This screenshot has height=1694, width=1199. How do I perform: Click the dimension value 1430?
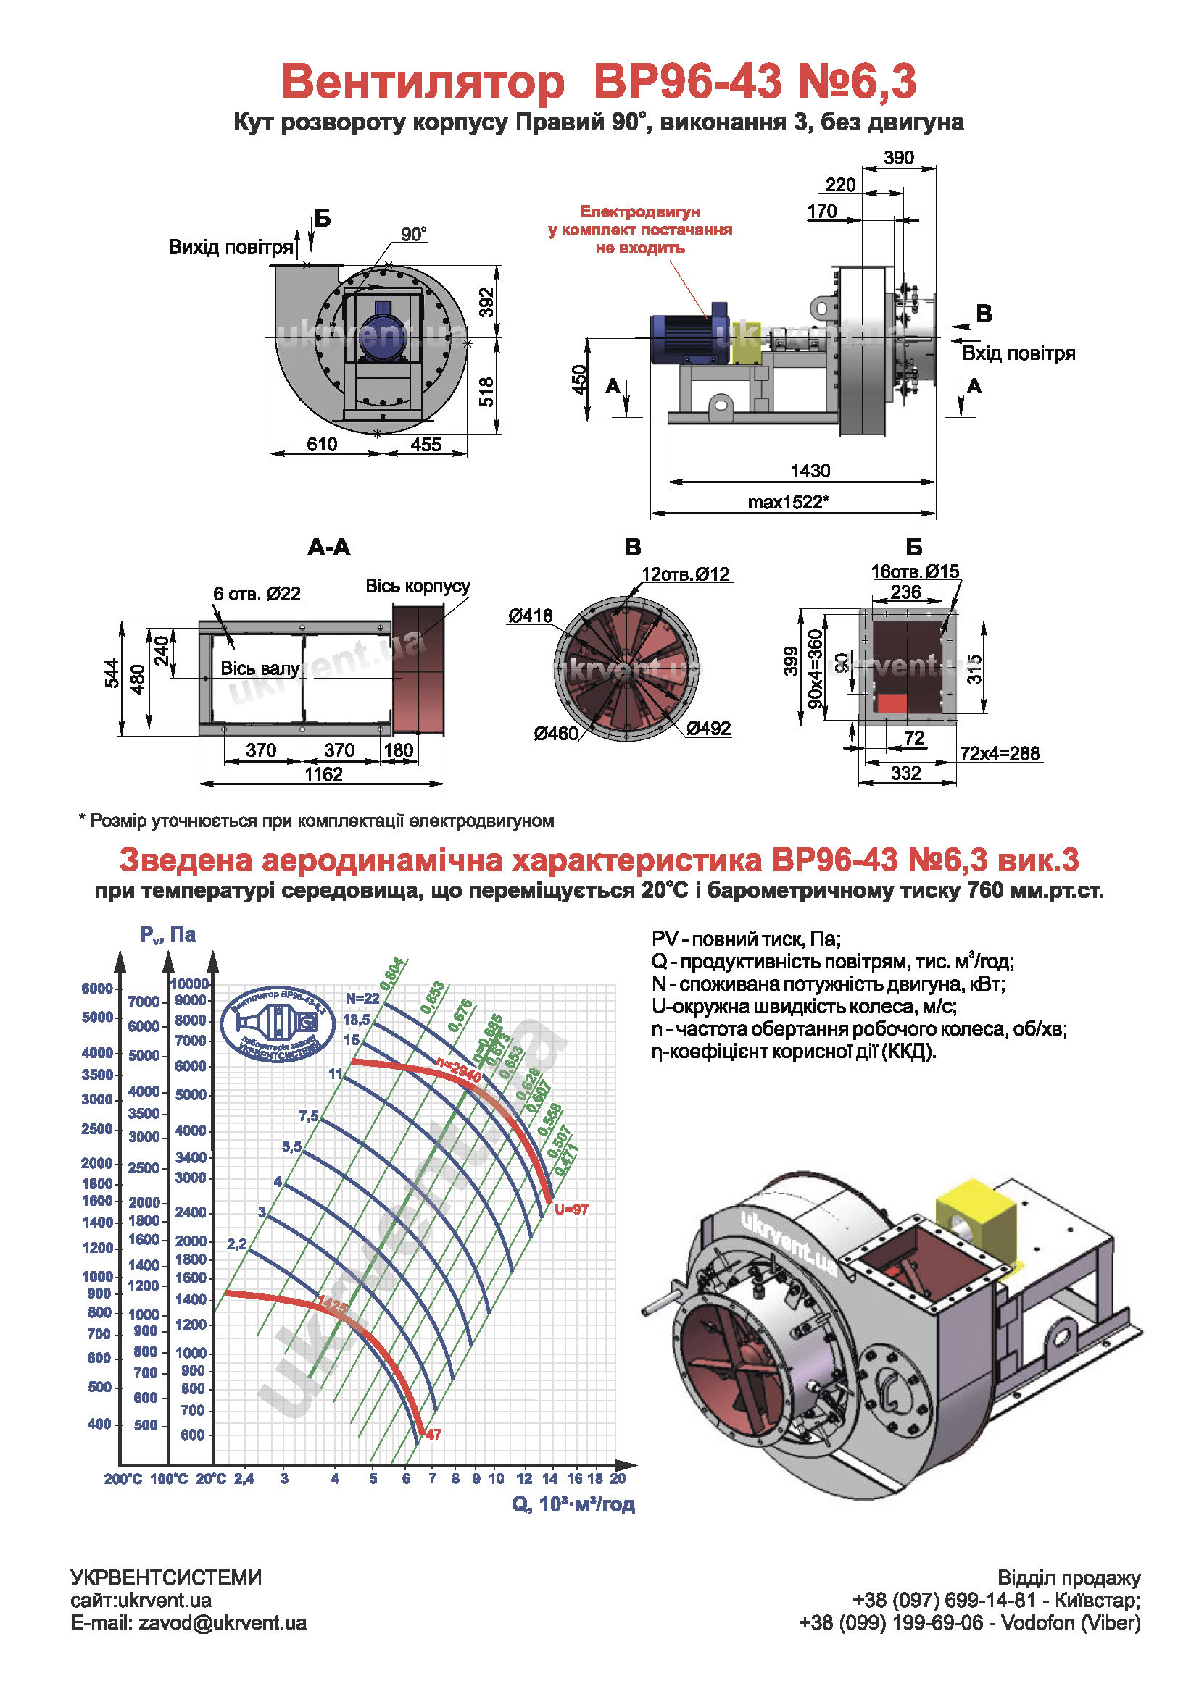pyautogui.click(x=810, y=471)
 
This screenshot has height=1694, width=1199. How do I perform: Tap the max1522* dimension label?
pyautogui.click(x=788, y=503)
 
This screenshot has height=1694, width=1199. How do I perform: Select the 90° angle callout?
pyautogui.click(x=413, y=235)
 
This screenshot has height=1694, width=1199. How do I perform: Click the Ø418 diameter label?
pyautogui.click(x=529, y=616)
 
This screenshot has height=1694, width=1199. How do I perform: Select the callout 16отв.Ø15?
pyautogui.click(x=915, y=571)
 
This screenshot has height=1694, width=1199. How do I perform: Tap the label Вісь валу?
pyautogui.click(x=260, y=668)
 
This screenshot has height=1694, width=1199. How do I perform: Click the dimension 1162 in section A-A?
pyautogui.click(x=323, y=774)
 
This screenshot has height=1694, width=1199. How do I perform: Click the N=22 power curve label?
pyautogui.click(x=362, y=998)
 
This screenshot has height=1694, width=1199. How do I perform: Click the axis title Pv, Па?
pyautogui.click(x=167, y=935)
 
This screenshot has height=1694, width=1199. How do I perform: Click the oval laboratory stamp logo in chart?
pyautogui.click(x=276, y=1025)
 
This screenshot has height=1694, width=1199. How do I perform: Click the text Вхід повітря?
pyautogui.click(x=1018, y=353)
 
